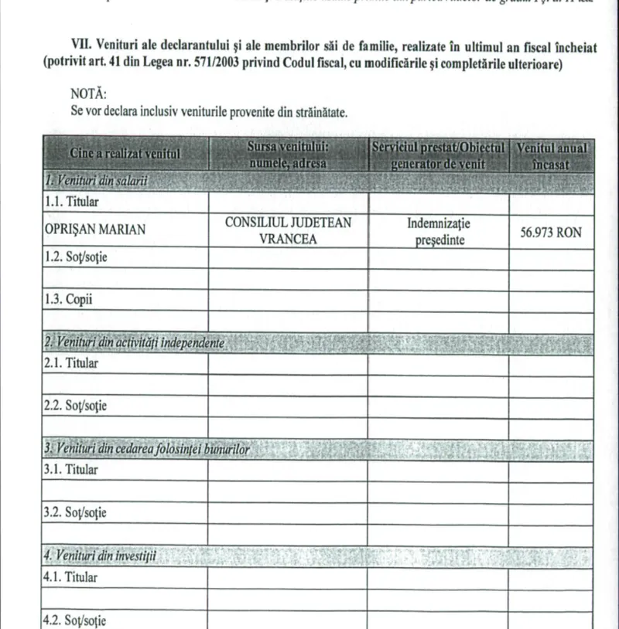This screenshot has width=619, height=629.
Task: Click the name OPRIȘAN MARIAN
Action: click(96, 230)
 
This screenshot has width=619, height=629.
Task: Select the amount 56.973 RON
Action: click(550, 232)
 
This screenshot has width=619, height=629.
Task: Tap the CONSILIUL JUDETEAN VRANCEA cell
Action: click(288, 230)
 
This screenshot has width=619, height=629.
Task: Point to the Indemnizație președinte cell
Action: click(438, 231)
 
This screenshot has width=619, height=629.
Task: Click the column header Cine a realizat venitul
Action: click(125, 153)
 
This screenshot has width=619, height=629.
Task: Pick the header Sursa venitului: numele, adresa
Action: click(288, 154)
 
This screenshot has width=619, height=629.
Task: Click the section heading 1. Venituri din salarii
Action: click(97, 182)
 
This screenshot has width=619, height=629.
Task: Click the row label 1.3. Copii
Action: click(68, 300)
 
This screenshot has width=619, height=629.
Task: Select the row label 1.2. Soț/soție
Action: click(76, 257)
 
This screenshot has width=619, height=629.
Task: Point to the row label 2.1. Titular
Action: click(71, 362)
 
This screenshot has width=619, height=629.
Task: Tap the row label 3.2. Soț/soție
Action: click(76, 512)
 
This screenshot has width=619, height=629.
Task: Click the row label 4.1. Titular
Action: click(71, 576)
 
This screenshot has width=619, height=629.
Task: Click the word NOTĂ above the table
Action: click(88, 93)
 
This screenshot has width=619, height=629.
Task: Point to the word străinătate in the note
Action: click(317, 111)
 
